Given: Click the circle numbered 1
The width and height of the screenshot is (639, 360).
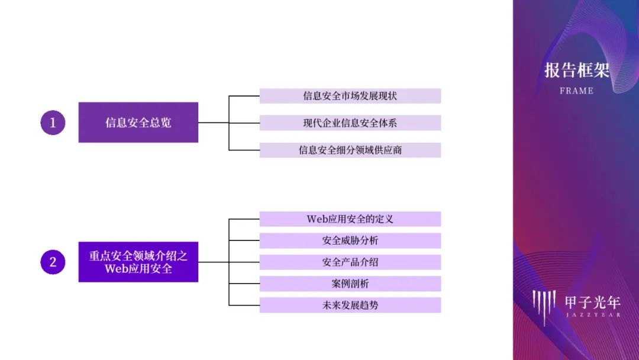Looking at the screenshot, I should coord(53,123).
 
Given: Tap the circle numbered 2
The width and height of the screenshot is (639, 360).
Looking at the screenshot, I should coord(53,262).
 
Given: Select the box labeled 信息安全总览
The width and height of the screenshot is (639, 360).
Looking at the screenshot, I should coord(138,123).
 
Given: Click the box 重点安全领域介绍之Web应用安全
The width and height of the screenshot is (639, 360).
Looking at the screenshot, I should coord(138,262).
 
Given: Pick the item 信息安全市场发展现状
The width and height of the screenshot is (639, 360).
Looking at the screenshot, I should coord(350,96).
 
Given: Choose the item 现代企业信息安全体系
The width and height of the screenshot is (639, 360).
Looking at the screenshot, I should coord(350,123).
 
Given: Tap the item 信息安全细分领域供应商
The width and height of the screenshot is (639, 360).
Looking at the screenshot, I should coord(350,150).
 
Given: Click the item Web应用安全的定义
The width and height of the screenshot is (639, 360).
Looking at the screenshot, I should coord(350,219).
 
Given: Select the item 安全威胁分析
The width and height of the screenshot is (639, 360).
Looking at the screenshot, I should coord(350,240).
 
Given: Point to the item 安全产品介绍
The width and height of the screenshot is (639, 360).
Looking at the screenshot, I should coord(350,262).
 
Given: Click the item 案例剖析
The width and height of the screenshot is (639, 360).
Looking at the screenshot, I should coord(350,284).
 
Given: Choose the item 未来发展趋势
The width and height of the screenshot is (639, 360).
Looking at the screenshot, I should coord(350,306).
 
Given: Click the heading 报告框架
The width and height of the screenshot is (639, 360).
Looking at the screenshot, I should coord(576,70).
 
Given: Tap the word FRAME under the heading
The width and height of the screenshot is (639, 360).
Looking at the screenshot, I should coord(576,91).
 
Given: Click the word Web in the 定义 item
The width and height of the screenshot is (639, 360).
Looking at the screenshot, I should coord(317,219).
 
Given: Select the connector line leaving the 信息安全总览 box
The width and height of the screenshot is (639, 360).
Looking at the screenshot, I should coord(213,123).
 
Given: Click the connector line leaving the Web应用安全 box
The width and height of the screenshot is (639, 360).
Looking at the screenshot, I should coord(213,262).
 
